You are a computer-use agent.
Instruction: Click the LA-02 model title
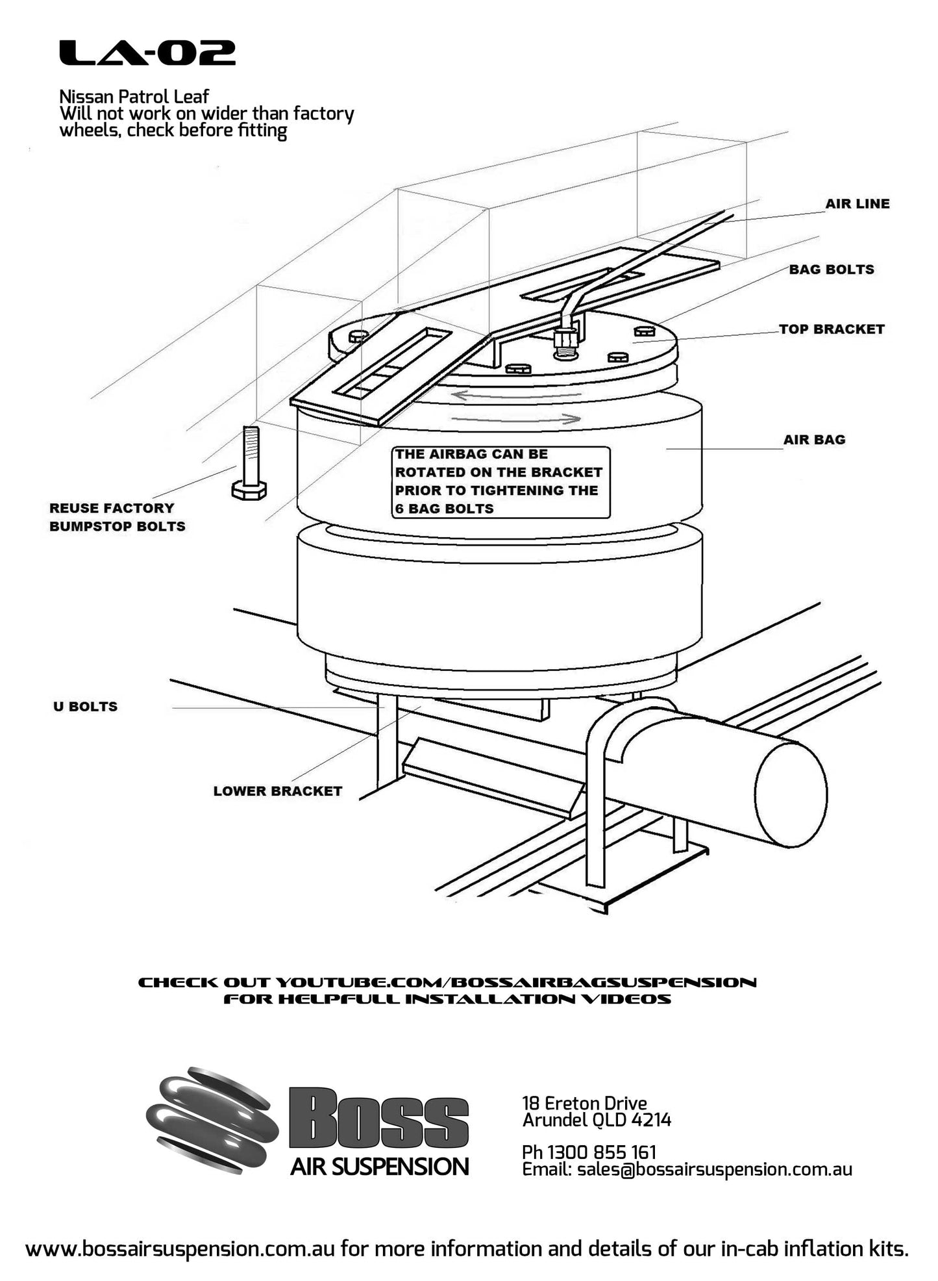[x=147, y=53]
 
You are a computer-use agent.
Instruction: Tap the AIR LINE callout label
[x=857, y=204]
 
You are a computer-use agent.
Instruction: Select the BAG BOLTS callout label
[x=831, y=270]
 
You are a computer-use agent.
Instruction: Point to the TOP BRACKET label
[x=832, y=329]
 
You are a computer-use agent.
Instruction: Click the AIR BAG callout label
[x=814, y=440]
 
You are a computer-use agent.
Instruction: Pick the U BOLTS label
[x=85, y=707]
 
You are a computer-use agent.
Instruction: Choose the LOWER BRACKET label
[x=277, y=791]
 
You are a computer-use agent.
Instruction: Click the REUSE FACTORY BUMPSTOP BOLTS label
[x=117, y=517]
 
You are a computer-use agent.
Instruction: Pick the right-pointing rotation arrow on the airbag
[x=516, y=419]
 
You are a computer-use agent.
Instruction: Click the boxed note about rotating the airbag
[x=500, y=481]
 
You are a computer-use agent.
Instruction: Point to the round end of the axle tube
[x=790, y=794]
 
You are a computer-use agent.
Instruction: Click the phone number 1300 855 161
[x=589, y=1152]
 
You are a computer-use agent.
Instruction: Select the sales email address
[x=714, y=1169]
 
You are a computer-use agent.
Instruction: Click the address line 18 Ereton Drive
[x=584, y=1103]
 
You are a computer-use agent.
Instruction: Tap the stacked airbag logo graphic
[x=211, y=1119]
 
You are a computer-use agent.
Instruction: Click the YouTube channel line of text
[x=447, y=983]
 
